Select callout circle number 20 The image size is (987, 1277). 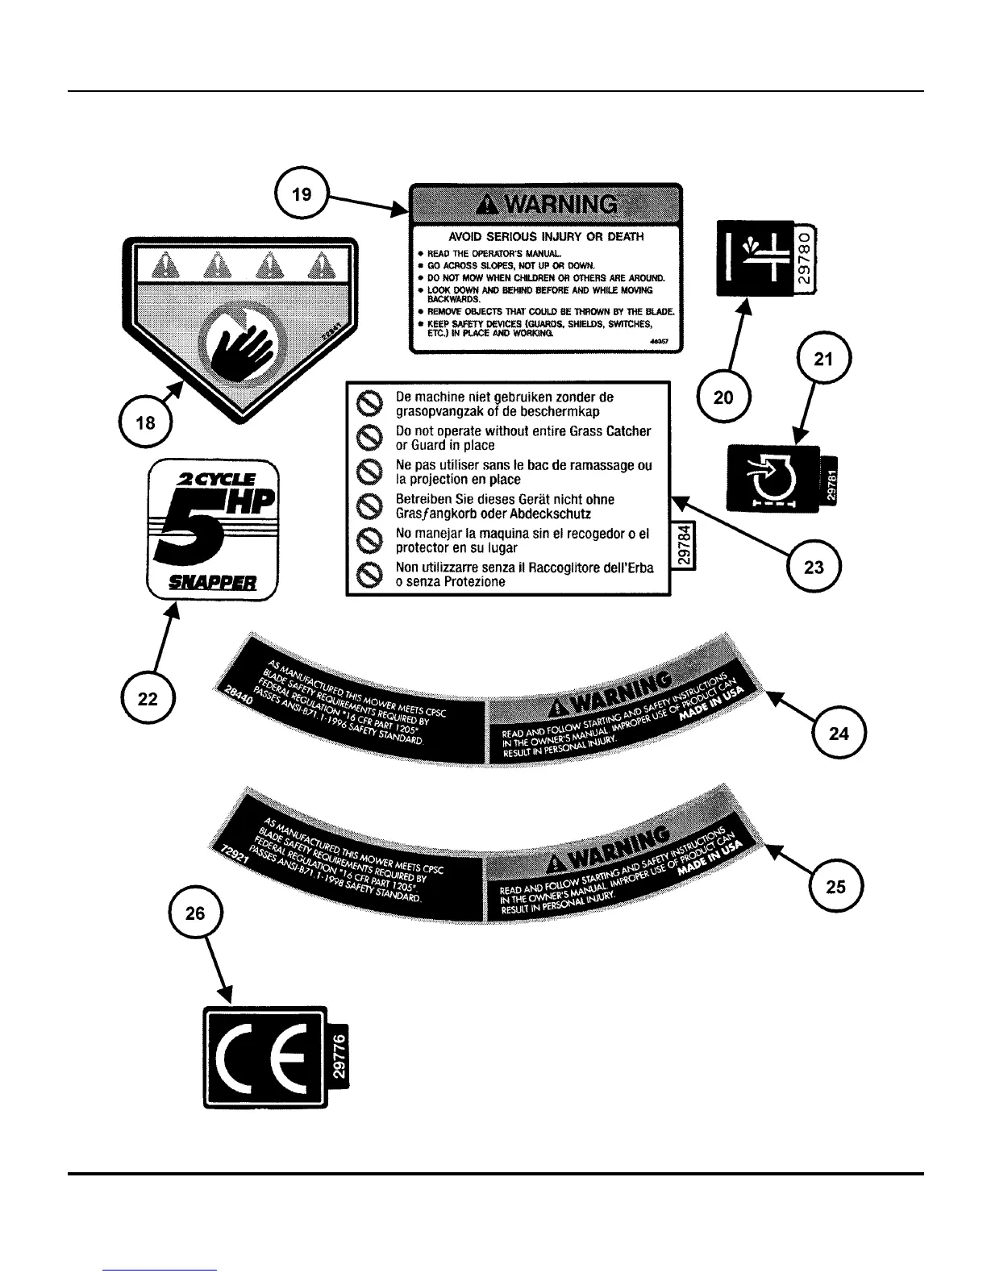coord(724,396)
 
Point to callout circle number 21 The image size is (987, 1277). coord(823,360)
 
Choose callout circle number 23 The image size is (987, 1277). coord(814,566)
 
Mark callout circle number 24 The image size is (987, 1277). coord(839,732)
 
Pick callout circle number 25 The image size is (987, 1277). coord(836,886)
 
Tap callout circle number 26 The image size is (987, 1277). coord(195,913)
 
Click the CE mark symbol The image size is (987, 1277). coord(265,1056)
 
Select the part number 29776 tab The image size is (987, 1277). coord(340,1056)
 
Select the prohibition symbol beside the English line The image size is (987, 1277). coord(369,438)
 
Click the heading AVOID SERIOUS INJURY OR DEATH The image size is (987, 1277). coord(547,237)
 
